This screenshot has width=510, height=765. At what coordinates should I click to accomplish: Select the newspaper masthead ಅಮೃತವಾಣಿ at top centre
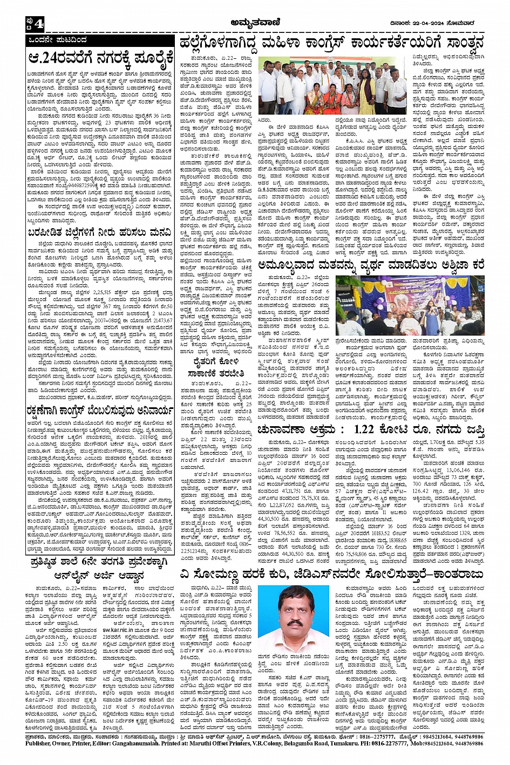point(255,22)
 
